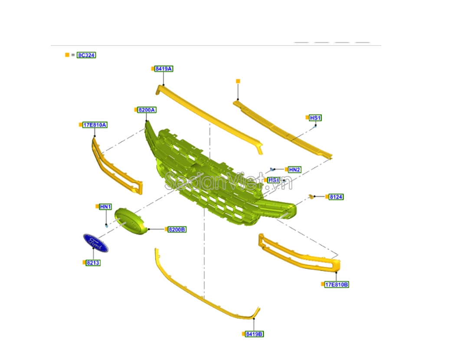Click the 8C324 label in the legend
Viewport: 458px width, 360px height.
pos(86,55)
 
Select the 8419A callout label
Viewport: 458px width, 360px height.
pos(164,69)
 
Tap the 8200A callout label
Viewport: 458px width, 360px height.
pos(147,110)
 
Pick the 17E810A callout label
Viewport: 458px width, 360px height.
pos(95,125)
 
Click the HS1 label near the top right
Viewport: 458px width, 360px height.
pos(315,118)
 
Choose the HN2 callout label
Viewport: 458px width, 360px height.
pos(294,170)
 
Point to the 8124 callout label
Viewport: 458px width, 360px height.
pos(336,196)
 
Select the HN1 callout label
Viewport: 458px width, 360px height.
pos(105,206)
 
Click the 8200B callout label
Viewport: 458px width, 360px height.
pos(177,229)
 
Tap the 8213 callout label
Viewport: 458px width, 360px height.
pos(93,263)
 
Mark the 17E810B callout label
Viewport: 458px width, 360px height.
pos(337,285)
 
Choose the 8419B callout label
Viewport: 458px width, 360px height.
pos(254,334)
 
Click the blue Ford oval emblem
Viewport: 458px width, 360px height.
pos(96,243)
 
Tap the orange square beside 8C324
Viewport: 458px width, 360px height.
pos(67,55)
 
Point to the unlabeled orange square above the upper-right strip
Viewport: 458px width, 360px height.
pos(238,81)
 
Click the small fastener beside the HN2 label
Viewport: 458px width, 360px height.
pos(272,169)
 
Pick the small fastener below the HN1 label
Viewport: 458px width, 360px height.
pos(107,226)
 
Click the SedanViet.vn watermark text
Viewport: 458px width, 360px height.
pos(229,181)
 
